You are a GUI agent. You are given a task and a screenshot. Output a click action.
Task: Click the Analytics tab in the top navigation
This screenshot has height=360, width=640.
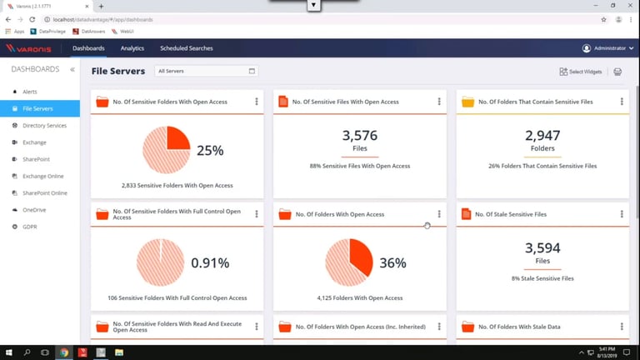click(x=132, y=48)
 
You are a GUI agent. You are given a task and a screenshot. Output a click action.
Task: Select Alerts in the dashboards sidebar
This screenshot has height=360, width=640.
click(x=30, y=92)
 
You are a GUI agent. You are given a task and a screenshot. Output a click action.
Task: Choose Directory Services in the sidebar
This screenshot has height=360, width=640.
click(x=44, y=126)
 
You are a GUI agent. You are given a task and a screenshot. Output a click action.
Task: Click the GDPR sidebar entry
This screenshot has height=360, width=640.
click(x=30, y=227)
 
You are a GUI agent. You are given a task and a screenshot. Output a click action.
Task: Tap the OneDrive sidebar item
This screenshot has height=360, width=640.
click(x=34, y=210)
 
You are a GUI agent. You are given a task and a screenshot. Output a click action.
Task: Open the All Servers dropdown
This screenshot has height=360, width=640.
click(x=207, y=72)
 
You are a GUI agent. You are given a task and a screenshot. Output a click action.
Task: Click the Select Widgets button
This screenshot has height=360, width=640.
click(x=581, y=72)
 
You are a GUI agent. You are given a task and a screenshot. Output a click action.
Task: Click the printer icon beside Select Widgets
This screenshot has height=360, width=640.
click(x=617, y=72)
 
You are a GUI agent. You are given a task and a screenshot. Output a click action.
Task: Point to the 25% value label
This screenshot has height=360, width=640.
click(x=210, y=151)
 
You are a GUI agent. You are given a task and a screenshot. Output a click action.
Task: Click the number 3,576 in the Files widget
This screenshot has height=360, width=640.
click(x=360, y=136)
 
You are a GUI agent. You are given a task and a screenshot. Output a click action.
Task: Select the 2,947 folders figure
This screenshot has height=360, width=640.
click(x=542, y=136)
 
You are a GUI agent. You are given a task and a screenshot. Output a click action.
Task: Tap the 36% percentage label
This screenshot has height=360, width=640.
click(x=392, y=263)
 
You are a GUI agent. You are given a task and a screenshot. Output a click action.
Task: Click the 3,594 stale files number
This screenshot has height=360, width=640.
click(x=542, y=247)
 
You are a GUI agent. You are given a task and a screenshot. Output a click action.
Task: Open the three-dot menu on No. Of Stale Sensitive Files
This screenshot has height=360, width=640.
click(x=622, y=214)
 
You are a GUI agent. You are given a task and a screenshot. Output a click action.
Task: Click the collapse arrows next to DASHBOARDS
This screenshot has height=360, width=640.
click(x=72, y=70)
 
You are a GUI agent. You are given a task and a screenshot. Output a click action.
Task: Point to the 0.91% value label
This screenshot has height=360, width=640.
click(x=210, y=263)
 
